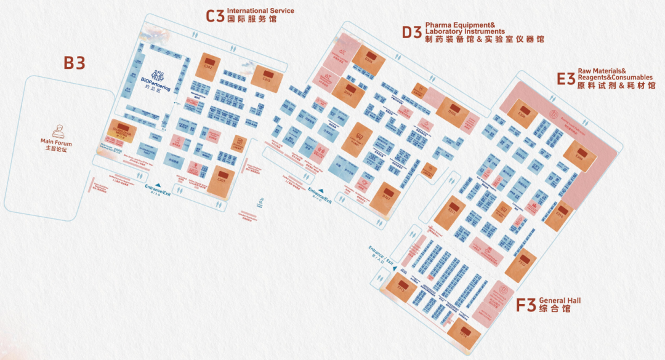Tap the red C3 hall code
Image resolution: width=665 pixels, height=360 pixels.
pyautogui.click(x=215, y=16)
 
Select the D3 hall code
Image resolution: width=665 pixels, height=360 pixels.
pyautogui.click(x=411, y=32)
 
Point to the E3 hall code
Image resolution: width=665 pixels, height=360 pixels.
pyautogui.click(x=565, y=79)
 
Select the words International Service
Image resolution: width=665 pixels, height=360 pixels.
pyautogui.click(x=260, y=10)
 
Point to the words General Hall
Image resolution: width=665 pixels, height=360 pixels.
pyautogui.click(x=560, y=300)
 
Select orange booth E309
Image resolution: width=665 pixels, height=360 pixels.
pyautogui.click(x=579, y=156)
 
